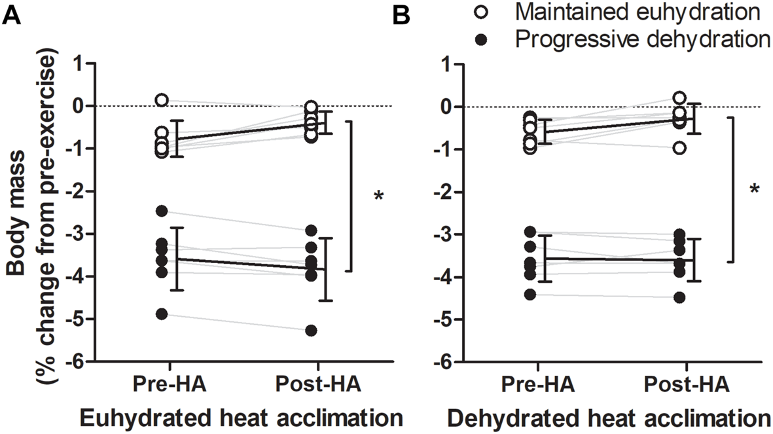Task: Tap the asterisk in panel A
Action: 378,197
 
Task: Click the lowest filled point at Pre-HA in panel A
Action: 161,315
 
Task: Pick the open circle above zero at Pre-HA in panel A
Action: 161,100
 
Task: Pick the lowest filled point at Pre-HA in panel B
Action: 530,295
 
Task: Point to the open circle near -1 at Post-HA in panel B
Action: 679,148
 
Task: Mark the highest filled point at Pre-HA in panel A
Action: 161,211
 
